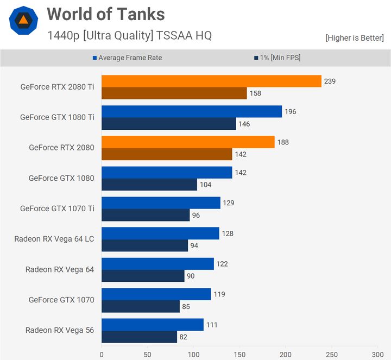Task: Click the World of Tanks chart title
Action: click(105, 14)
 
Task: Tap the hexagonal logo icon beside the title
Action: click(23, 21)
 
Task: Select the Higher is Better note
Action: click(355, 38)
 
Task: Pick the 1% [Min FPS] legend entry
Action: click(277, 58)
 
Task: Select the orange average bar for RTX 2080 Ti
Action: click(211, 81)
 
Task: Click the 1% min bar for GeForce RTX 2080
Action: click(167, 154)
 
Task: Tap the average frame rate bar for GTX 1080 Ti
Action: click(192, 112)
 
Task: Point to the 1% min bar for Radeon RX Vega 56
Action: click(139, 337)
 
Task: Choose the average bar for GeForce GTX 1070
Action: click(156, 294)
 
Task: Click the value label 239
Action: click(330, 81)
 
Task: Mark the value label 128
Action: click(228, 233)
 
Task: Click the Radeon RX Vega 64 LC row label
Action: click(54, 239)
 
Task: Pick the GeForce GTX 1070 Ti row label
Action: click(57, 209)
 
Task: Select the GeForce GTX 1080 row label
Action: click(61, 178)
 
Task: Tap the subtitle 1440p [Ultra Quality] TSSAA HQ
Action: click(129, 36)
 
